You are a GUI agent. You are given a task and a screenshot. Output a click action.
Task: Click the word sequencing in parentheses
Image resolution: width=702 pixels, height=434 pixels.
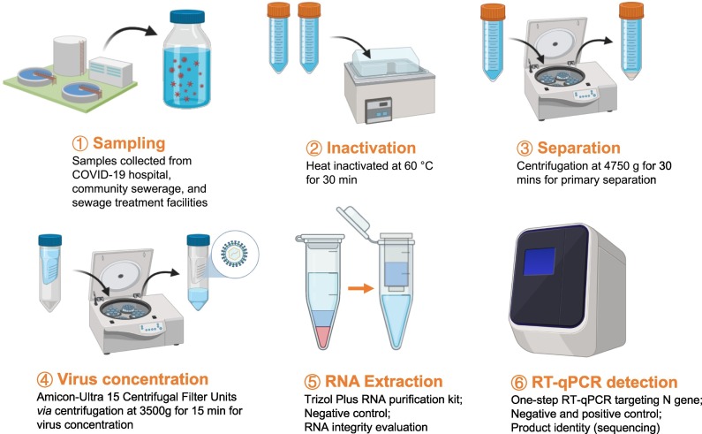pyautogui.click(x=622, y=428)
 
